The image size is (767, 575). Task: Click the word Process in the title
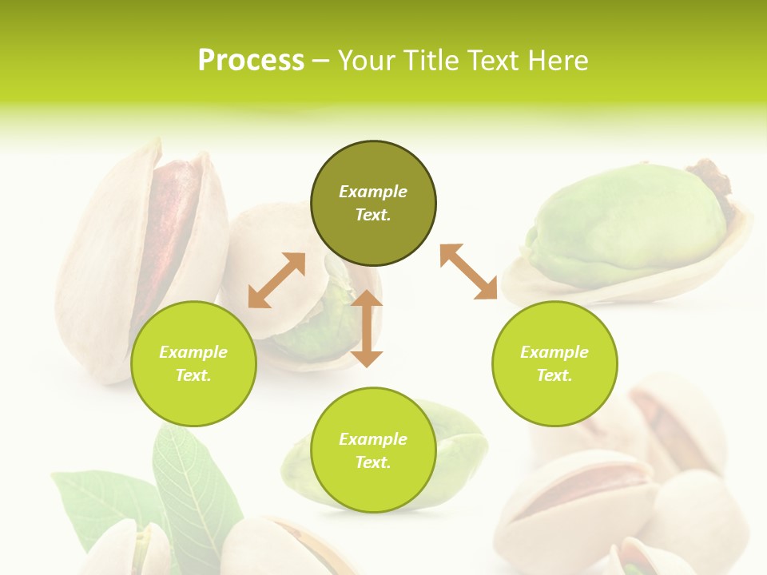coord(251,61)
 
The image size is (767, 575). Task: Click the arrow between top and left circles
coord(276,280)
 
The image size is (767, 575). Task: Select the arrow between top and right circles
coord(468,272)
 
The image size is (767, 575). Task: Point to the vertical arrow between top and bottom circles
coord(367,328)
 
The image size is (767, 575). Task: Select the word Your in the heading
coord(367,61)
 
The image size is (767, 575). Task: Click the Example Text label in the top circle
coord(373,203)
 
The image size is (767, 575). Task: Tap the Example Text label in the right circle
coord(554,363)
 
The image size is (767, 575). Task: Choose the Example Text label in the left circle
coord(193,363)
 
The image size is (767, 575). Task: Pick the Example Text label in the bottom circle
coord(373,450)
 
